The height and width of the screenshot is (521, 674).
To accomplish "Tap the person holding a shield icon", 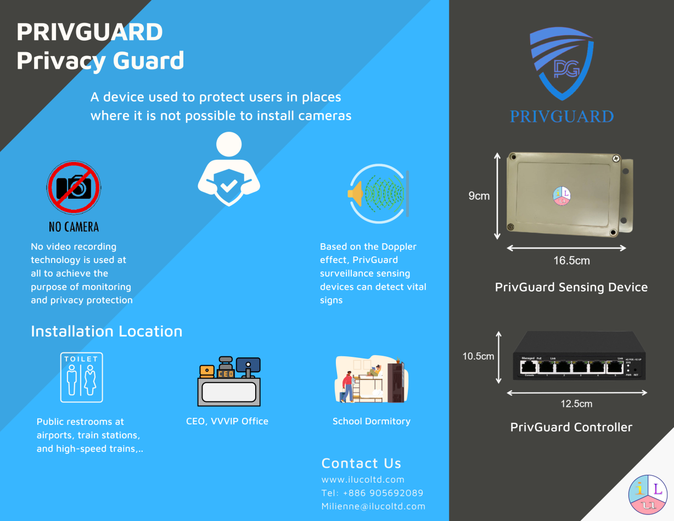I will click(x=229, y=170).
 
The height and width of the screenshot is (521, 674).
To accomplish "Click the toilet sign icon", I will click(x=81, y=378).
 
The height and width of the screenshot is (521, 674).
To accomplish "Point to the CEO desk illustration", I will click(x=229, y=382).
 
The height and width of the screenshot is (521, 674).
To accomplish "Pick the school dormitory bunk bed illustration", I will click(x=372, y=379).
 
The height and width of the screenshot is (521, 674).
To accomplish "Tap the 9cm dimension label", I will click(x=479, y=196).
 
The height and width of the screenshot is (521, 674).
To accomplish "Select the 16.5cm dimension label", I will click(x=571, y=261).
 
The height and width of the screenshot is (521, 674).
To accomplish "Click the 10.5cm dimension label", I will click(x=478, y=356).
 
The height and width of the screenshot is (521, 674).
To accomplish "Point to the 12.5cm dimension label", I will click(x=576, y=404).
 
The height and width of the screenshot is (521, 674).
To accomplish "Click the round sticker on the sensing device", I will click(x=561, y=196).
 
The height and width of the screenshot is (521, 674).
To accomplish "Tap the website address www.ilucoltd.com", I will click(x=363, y=479).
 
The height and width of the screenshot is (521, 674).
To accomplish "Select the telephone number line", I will click(x=372, y=493).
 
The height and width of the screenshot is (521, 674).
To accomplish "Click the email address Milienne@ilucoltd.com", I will click(x=373, y=506).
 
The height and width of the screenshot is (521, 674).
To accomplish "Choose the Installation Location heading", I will click(x=106, y=331).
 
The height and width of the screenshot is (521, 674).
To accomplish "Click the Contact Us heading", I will click(x=361, y=463).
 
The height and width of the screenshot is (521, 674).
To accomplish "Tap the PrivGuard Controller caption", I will click(x=571, y=427).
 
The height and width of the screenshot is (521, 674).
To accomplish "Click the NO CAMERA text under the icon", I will click(x=74, y=227).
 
